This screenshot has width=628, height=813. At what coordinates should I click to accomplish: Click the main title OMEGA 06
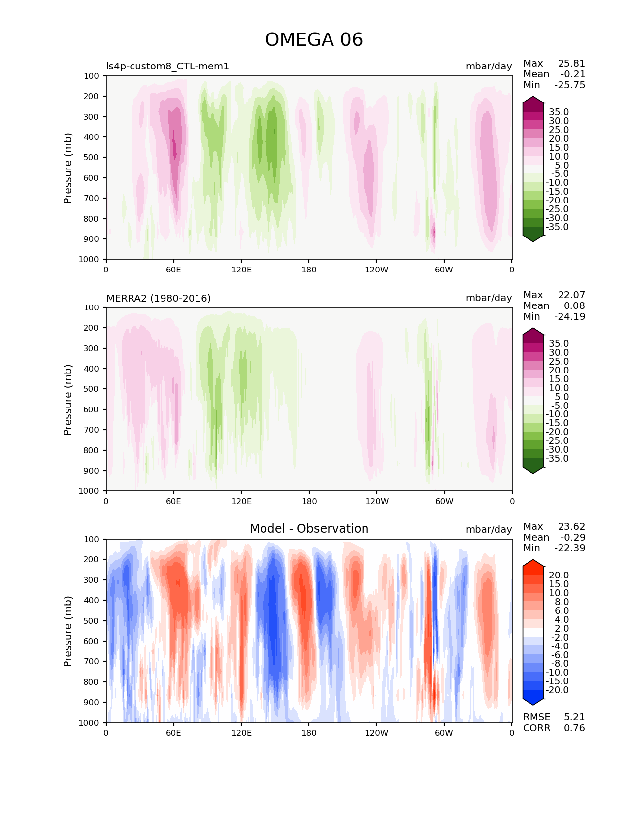314,40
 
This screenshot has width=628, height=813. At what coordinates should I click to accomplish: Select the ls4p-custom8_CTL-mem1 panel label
167,66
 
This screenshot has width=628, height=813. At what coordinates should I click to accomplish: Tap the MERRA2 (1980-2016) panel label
159,298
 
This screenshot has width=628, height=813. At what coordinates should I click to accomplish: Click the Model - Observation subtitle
309,529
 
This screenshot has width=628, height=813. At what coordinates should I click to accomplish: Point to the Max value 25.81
571,64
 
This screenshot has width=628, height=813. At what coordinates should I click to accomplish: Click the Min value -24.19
569,317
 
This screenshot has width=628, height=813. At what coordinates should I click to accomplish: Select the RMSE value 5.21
574,717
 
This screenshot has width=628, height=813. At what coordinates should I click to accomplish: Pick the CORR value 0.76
574,728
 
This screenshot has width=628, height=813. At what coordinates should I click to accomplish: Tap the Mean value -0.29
572,538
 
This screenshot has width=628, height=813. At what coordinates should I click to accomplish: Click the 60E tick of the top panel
173,270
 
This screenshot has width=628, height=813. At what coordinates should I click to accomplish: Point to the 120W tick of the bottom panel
376,733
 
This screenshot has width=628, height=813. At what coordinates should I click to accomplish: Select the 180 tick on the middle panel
309,501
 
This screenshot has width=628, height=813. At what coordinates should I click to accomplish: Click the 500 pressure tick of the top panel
92,158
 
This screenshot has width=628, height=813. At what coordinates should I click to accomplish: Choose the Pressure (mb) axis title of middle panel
68,399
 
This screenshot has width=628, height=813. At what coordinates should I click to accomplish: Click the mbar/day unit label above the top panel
489,66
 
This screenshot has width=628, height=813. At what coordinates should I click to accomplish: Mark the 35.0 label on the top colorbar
559,112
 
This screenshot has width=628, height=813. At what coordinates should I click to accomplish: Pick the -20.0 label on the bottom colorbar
557,690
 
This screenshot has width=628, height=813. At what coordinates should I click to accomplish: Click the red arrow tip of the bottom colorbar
533,563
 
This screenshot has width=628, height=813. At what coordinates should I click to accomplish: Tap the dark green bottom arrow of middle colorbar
533,470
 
